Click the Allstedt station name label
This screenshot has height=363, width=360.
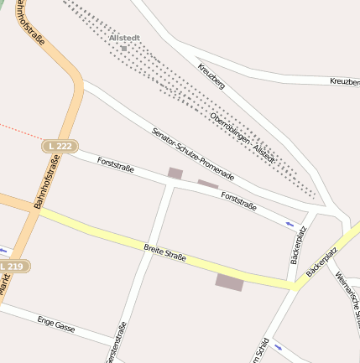124,38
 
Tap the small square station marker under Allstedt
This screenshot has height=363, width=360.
124,49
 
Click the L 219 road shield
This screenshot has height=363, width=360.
14,266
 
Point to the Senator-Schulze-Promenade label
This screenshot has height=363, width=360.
192,154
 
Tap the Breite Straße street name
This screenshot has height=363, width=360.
164,252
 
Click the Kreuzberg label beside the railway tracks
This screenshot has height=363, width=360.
213,77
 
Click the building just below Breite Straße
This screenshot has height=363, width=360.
229,282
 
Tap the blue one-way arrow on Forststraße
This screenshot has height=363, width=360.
290,224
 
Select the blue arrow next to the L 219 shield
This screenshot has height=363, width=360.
4,250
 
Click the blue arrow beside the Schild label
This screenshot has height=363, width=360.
278,345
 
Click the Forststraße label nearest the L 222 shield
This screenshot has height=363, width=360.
115,162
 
